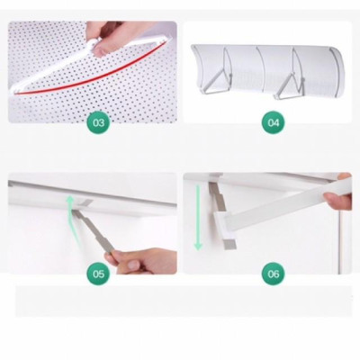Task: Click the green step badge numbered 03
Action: (x=97, y=121)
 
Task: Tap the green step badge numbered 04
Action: (x=274, y=121)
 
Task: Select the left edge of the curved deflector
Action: (x=200, y=54)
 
